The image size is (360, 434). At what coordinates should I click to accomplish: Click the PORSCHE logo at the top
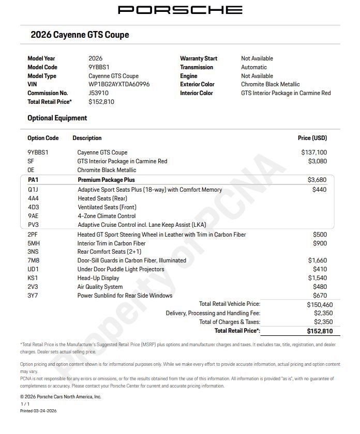click(x=180, y=10)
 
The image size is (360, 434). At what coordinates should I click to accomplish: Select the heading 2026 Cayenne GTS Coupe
click(x=80, y=35)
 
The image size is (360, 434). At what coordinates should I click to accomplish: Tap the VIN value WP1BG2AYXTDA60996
click(x=119, y=84)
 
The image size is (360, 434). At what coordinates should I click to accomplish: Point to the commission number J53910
click(x=98, y=93)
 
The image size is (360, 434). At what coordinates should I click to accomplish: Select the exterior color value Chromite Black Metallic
click(x=270, y=84)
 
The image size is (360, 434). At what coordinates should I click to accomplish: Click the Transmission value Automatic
click(x=254, y=67)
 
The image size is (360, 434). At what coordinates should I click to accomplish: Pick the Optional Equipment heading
click(x=57, y=118)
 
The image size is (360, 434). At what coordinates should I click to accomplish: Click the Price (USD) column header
click(x=312, y=138)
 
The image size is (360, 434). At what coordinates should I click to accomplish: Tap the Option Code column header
click(x=43, y=138)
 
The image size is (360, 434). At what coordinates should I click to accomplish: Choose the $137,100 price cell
click(x=314, y=152)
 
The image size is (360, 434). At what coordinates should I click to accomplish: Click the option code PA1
click(x=33, y=180)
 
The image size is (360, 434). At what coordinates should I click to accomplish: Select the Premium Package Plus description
click(x=106, y=180)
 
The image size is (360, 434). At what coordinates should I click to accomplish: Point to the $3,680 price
click(x=317, y=180)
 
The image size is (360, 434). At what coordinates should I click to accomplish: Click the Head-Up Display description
click(x=98, y=278)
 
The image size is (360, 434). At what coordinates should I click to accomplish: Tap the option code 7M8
click(x=34, y=260)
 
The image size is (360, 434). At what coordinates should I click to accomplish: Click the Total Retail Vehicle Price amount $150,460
click(x=320, y=305)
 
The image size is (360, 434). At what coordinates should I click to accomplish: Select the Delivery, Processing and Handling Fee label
click(x=213, y=313)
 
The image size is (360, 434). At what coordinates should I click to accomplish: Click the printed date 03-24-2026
click(x=45, y=411)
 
